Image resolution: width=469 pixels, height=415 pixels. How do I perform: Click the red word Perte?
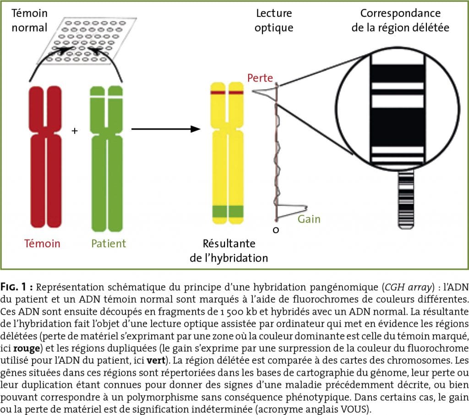260,78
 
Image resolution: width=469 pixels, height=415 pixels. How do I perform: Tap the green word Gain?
309,219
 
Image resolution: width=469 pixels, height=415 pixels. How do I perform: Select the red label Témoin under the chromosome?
42,243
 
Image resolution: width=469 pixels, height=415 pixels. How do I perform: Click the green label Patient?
108,243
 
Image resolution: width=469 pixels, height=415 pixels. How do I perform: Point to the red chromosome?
45,157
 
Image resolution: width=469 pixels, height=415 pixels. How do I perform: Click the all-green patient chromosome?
106,158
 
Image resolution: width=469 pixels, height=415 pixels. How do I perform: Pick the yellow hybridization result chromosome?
227,153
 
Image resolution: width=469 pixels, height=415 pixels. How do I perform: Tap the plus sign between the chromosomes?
75,131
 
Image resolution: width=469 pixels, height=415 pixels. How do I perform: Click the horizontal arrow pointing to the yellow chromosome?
166,129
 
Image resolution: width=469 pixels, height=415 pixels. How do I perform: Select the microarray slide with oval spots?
87,41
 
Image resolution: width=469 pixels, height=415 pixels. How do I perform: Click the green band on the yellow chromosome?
228,212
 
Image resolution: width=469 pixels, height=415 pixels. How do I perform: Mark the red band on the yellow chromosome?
227,93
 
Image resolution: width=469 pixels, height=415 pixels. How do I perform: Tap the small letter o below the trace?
276,230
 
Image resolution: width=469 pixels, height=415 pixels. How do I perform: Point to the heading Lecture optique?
274,20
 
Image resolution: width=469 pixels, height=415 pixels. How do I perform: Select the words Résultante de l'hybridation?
229,251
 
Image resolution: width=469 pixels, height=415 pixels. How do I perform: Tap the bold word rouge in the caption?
27,349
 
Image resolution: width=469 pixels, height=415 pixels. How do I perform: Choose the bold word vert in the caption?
156,360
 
